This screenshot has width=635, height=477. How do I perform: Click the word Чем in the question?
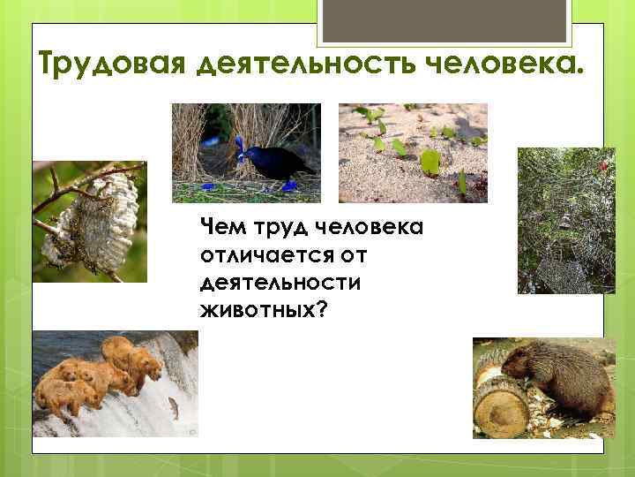tap(220, 229)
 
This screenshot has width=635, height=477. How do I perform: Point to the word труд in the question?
tap(268, 229)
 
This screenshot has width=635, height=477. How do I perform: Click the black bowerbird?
tap(278, 162)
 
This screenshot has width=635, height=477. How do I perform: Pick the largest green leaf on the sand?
tap(431, 161)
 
